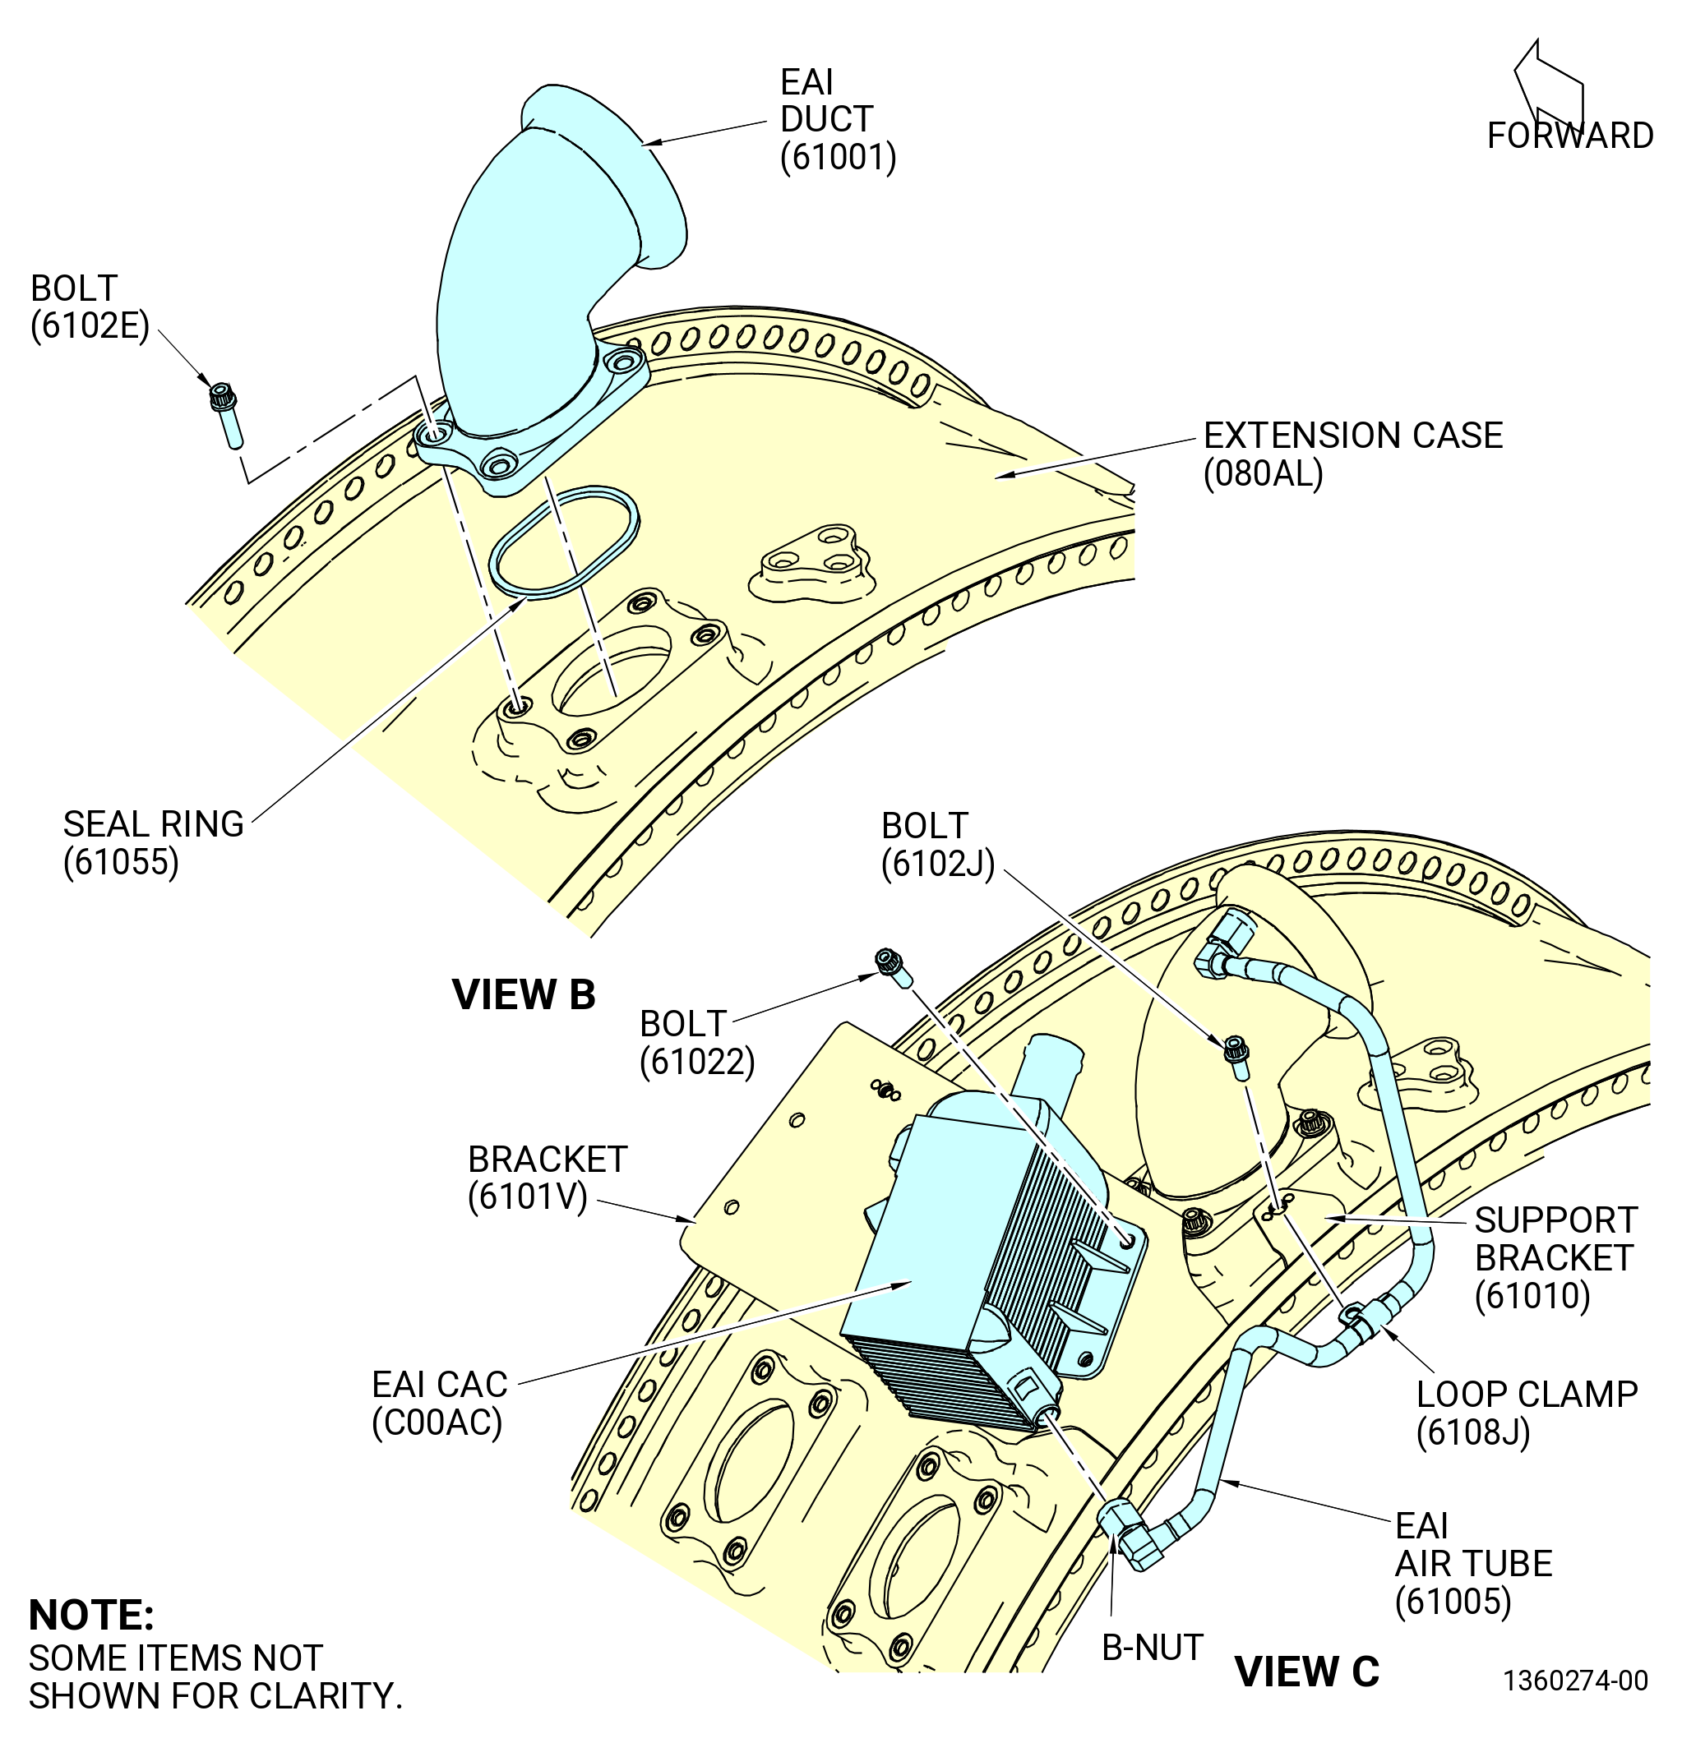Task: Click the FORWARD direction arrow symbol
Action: (1549, 89)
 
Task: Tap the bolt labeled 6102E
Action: (226, 413)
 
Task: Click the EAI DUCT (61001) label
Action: (838, 119)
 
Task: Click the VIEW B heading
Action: (524, 994)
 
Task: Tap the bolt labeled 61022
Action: (894, 966)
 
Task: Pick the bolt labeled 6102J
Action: (1236, 1058)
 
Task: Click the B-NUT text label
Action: (1152, 1648)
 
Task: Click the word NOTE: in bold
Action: (91, 1616)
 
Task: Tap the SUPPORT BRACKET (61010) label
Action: (1555, 1257)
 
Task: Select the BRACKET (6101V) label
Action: (548, 1178)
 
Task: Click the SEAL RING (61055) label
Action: (153, 843)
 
